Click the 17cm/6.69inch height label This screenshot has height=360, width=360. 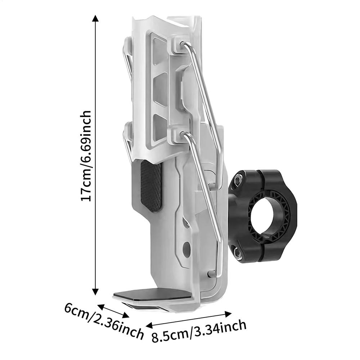[86, 156]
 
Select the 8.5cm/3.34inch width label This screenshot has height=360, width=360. [199, 332]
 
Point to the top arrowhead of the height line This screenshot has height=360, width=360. [95, 18]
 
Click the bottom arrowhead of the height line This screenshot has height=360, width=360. [95, 291]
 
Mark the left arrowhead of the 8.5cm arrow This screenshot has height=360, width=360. [149, 325]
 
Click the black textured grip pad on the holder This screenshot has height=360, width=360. [151, 185]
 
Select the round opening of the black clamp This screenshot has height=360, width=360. [263, 218]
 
